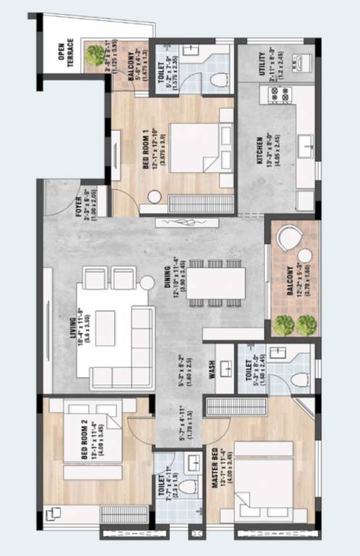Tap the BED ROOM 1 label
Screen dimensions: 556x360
145,148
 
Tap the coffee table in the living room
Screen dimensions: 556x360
105,323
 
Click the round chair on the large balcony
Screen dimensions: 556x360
289,240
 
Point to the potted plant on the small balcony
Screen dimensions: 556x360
95,54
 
